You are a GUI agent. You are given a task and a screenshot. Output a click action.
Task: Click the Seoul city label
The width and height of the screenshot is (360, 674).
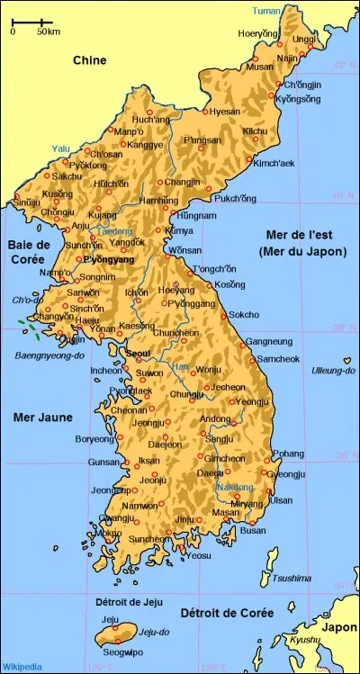(139, 354)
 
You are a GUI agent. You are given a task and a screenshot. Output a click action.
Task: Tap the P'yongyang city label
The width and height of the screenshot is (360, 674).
(110, 260)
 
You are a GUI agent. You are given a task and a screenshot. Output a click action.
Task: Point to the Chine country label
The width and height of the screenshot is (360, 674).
(89, 61)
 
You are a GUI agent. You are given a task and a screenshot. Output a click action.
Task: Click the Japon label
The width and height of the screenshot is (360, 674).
(339, 627)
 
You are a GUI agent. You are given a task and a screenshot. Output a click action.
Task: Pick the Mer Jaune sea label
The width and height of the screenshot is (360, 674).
(43, 418)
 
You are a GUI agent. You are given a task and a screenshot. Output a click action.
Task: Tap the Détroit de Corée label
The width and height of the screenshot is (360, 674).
(214, 613)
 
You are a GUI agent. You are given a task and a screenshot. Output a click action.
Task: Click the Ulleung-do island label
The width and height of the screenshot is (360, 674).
(330, 370)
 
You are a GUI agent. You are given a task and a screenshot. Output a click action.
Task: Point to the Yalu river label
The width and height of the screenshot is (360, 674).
(60, 148)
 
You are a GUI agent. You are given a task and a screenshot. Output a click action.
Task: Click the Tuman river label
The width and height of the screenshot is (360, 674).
(266, 11)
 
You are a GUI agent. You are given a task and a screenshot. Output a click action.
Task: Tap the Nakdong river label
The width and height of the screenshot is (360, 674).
(234, 487)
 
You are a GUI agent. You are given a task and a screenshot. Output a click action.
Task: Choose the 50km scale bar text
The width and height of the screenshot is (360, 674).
(48, 31)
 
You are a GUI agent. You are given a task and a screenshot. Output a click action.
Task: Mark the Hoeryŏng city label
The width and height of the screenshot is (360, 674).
(258, 33)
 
